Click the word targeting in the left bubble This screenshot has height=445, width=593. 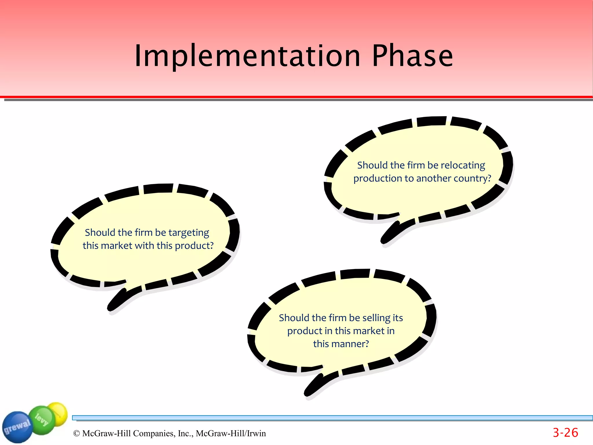(x=188, y=233)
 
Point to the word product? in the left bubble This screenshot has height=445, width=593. (x=194, y=246)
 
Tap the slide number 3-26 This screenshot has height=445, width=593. (x=565, y=433)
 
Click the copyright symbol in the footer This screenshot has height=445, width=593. (x=76, y=433)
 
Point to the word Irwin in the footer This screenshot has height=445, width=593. (x=256, y=433)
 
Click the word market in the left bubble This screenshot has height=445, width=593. (x=116, y=246)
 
